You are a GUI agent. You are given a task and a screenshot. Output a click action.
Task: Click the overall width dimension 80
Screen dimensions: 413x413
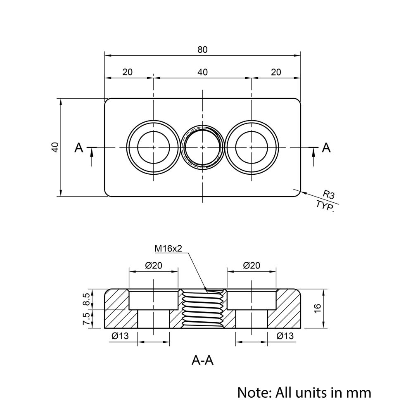[x=202, y=50]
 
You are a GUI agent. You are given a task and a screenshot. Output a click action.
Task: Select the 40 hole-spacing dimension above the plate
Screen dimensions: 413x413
[x=202, y=72]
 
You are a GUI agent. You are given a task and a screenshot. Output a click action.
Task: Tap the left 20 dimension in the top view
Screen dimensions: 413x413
[x=128, y=72]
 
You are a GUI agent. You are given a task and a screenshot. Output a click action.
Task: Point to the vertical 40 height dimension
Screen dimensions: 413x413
[x=55, y=147]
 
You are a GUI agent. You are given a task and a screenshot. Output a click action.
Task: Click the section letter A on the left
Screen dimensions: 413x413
[x=79, y=147]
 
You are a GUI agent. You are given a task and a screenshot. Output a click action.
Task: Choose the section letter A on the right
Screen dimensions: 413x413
[x=326, y=147]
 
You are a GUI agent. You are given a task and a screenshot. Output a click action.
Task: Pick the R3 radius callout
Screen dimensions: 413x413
[x=329, y=194]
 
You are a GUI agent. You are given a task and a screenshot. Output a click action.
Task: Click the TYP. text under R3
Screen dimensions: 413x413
[x=325, y=206]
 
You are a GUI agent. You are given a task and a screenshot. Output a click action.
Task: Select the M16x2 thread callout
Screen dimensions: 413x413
[x=169, y=248]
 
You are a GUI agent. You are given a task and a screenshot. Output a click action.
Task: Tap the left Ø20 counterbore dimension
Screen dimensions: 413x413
[x=154, y=266]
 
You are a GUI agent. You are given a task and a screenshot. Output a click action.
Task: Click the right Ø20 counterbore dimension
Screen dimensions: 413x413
[x=252, y=266]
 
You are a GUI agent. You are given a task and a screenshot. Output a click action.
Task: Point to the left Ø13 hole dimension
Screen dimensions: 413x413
[x=120, y=336]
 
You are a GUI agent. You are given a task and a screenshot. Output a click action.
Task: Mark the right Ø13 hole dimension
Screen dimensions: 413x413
[x=285, y=336]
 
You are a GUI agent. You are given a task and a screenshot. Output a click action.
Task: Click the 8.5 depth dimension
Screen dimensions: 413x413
[x=86, y=299]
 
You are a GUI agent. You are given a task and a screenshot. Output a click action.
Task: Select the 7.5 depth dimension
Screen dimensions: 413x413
[x=86, y=319]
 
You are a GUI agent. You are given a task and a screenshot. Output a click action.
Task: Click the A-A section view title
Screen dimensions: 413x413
[x=202, y=361]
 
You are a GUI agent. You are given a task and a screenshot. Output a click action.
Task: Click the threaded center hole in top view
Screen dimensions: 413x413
[x=202, y=147]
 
